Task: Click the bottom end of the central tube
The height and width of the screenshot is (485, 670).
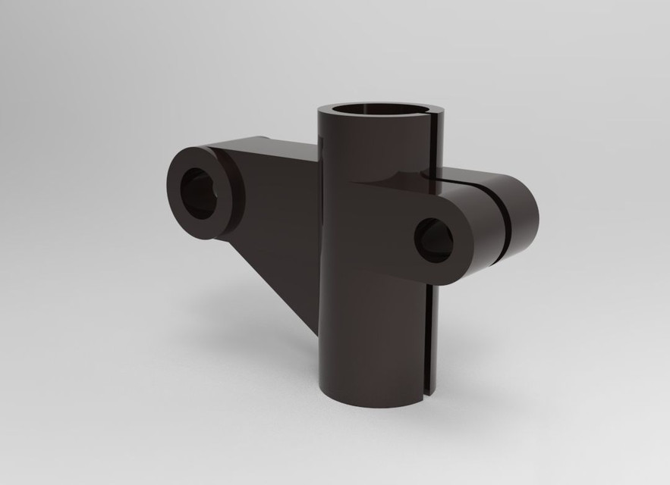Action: click(x=372, y=394)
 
